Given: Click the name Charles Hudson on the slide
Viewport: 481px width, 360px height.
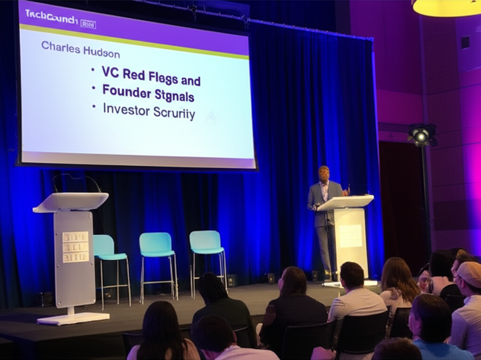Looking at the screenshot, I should pyautogui.click(x=80, y=49).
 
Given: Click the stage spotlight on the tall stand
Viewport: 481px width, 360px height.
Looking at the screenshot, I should pyautogui.click(x=421, y=135).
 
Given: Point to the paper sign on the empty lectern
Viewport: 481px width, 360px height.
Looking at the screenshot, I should pyautogui.click(x=75, y=246).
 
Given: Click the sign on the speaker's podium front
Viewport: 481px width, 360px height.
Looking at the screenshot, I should pyautogui.click(x=350, y=236).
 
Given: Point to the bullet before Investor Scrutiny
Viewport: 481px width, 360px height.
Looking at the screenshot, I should pyautogui.click(x=93, y=107).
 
